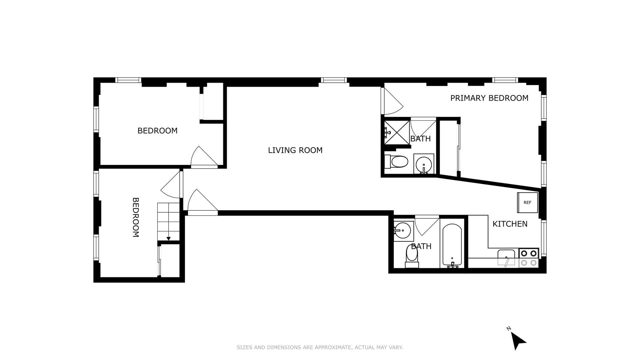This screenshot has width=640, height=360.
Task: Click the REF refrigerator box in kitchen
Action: tap(527, 202)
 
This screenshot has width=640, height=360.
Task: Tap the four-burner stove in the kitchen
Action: tap(529, 258)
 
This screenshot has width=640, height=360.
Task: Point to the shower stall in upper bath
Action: tap(397, 132)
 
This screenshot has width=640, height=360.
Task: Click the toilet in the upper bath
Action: tap(397, 162)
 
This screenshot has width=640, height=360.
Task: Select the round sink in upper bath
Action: tap(424, 164)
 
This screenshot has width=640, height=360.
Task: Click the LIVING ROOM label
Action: tap(295, 150)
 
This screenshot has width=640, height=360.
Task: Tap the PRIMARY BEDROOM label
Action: tap(489, 98)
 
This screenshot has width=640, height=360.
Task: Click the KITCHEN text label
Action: tap(510, 224)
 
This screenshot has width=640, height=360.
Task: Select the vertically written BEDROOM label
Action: tap(135, 217)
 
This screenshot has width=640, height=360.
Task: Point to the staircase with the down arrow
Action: tap(168, 221)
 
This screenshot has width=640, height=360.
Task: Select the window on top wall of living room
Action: tap(334, 80)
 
